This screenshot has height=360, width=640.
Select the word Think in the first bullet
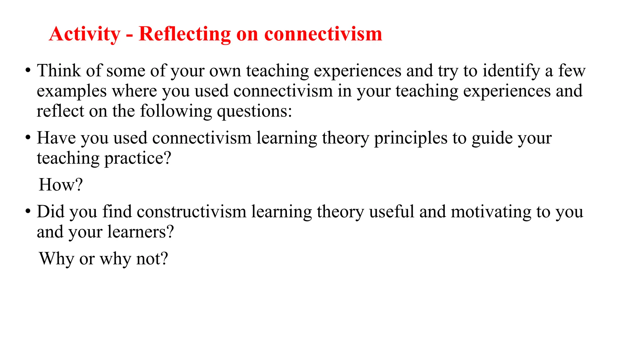point(59,71)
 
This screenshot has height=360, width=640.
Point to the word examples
point(72,91)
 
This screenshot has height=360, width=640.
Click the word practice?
point(137,158)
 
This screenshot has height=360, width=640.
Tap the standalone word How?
point(61,185)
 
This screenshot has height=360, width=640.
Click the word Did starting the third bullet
point(50,212)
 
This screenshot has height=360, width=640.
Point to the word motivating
point(491,212)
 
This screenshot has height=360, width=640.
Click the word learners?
point(141,232)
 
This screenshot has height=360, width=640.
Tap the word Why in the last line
point(57,259)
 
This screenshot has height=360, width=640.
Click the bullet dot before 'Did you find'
point(28,212)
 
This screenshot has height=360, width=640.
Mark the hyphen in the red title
point(129,35)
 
